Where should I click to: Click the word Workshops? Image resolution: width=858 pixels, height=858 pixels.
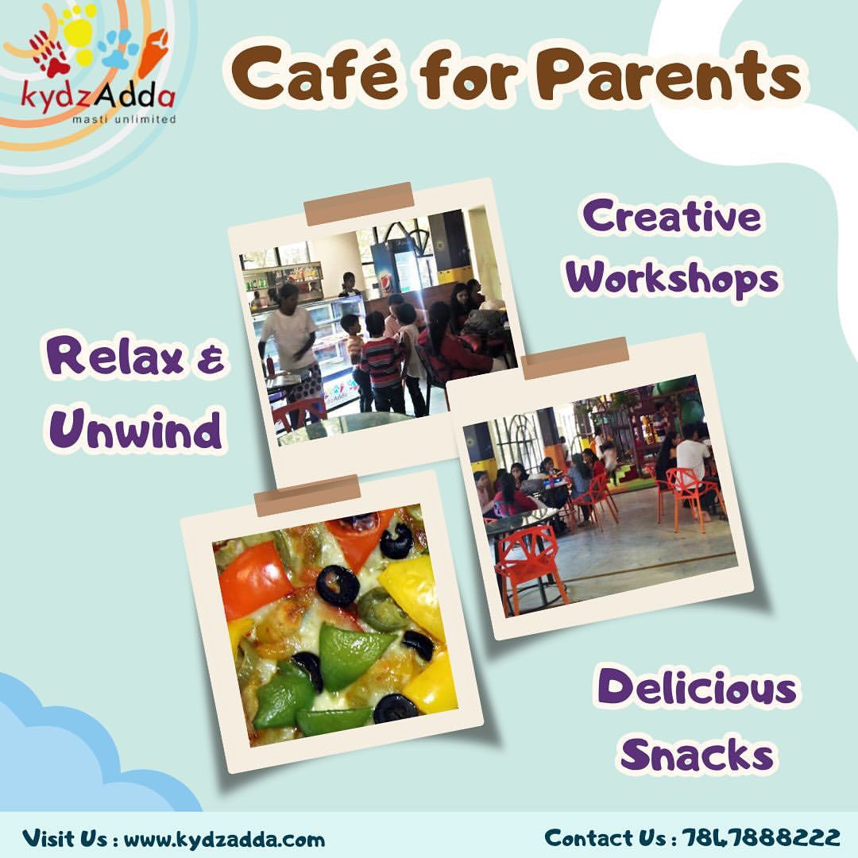pyautogui.click(x=672, y=277)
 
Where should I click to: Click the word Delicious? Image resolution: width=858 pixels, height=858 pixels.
pyautogui.click(x=696, y=686)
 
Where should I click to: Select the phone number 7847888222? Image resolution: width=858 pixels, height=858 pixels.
pyautogui.click(x=762, y=837)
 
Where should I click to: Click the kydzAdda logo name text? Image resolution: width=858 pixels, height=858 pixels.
pyautogui.click(x=98, y=98)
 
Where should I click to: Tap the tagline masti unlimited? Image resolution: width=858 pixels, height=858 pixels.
pyautogui.click(x=125, y=118)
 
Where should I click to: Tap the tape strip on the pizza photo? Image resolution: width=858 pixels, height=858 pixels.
pyautogui.click(x=307, y=496)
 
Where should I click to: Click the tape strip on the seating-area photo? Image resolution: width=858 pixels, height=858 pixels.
pyautogui.click(x=576, y=358)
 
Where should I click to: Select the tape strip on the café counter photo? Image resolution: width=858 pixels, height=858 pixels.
pyautogui.click(x=359, y=203)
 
